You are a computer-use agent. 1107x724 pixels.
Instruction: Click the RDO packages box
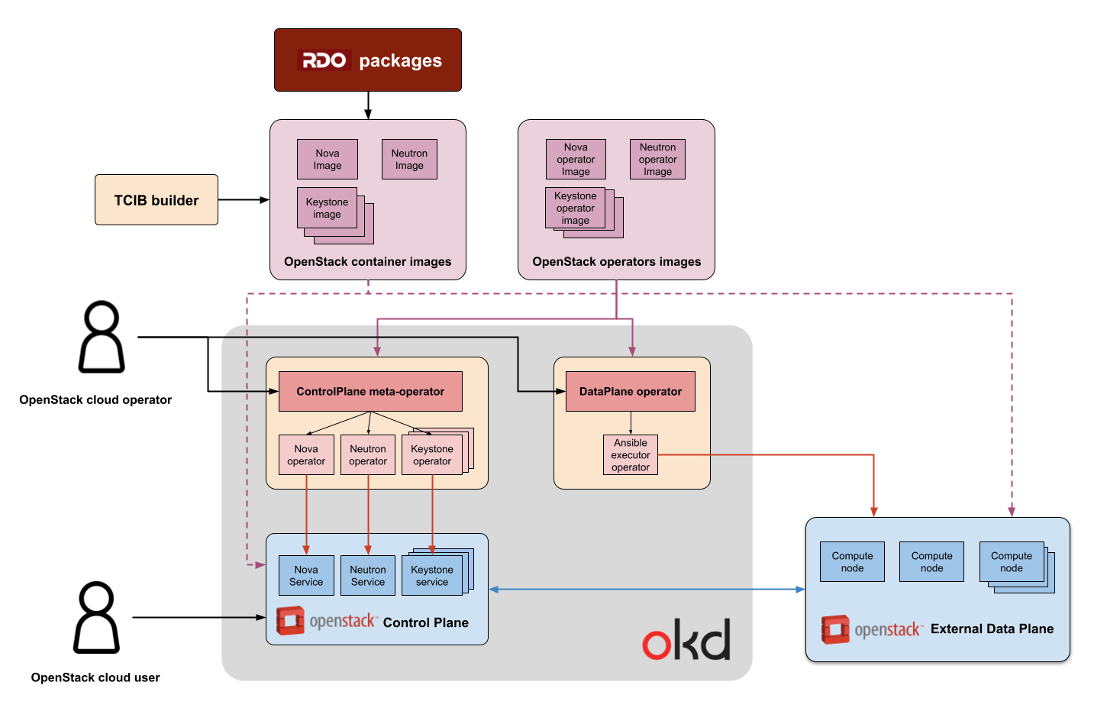[367, 60]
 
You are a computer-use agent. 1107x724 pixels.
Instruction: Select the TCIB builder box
[157, 200]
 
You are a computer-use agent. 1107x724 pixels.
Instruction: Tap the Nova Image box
[327, 160]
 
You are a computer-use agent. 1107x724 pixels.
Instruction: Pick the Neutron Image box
[409, 160]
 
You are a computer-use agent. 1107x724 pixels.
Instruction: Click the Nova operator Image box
[576, 160]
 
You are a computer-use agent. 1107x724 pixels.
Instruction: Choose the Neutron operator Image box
[657, 160]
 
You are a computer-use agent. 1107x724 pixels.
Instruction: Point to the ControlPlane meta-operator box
[370, 392]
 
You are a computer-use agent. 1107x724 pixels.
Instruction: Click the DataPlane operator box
[630, 392]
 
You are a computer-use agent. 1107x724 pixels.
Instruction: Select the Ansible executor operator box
[631, 455]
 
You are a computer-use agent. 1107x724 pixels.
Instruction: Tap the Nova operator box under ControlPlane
[306, 455]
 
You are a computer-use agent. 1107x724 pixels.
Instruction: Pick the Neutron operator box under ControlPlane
[368, 455]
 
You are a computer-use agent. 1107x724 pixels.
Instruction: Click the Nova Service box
[306, 576]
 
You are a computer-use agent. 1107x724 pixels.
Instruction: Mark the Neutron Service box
[368, 576]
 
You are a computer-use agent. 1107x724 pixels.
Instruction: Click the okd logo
[686, 640]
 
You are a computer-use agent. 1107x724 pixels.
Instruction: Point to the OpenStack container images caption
[367, 262]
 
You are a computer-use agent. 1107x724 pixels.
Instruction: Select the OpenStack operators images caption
[616, 262]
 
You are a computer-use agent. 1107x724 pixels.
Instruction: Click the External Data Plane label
[992, 629]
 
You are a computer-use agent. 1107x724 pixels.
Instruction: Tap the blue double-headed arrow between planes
[647, 590]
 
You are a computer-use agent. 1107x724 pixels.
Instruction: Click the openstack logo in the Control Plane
[326, 621]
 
